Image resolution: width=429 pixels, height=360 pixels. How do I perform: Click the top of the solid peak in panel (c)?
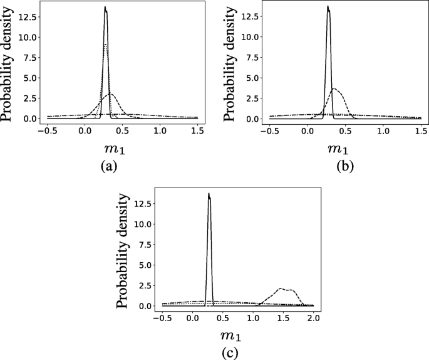(x=209, y=194)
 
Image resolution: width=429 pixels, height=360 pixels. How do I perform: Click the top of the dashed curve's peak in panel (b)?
(x=335, y=88)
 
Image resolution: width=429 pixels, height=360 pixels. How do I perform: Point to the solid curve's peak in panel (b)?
(x=328, y=7)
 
